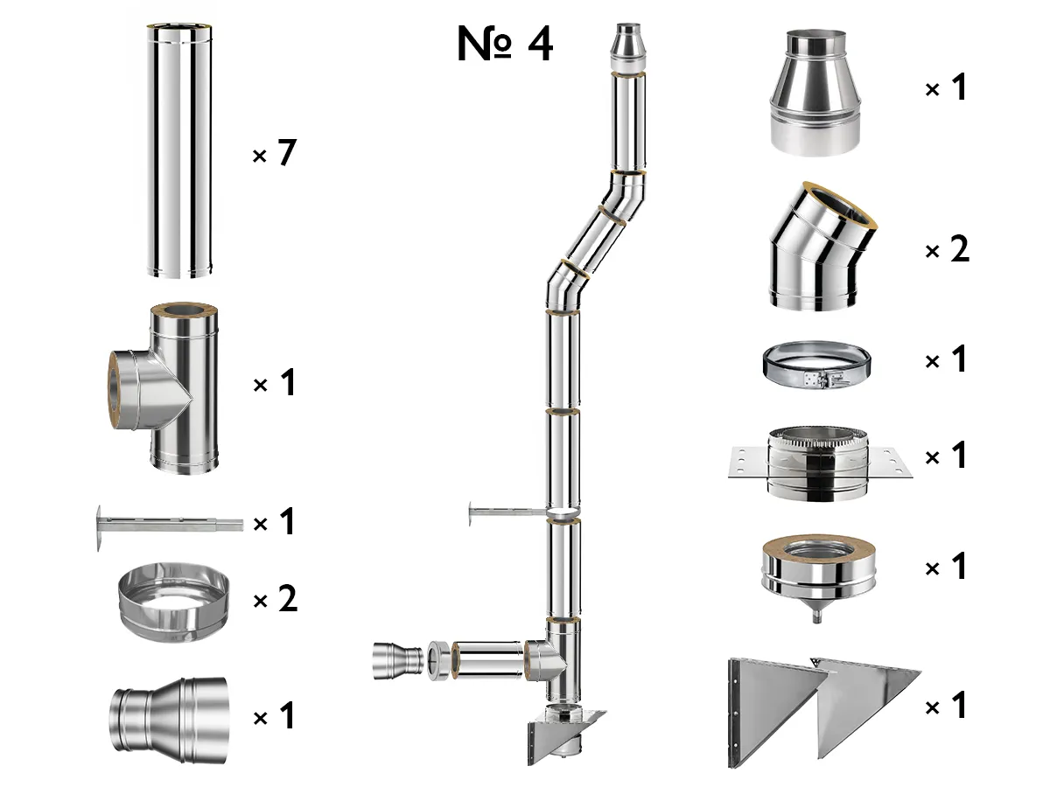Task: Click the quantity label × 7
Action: click(x=275, y=155)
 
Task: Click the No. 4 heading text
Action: click(x=505, y=44)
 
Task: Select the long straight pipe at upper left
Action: click(x=179, y=153)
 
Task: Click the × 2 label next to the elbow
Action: click(x=947, y=251)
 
